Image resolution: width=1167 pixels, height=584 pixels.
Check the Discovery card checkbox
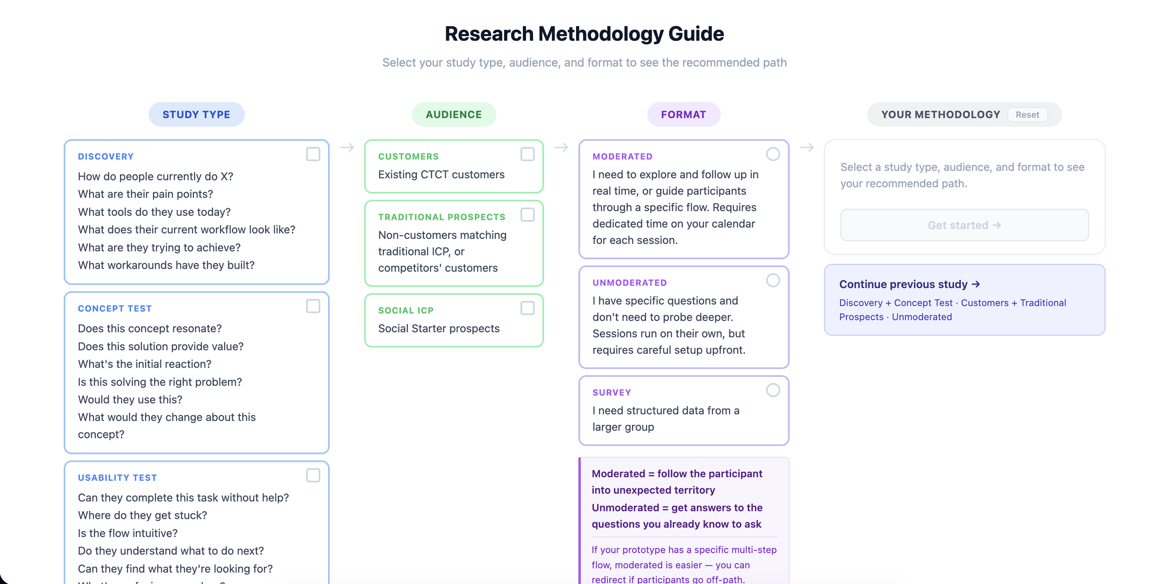pyautogui.click(x=313, y=154)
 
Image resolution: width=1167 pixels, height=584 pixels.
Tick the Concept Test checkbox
pyautogui.click(x=313, y=306)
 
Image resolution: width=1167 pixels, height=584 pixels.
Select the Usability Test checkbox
pyautogui.click(x=313, y=475)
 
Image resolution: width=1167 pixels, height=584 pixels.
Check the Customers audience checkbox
pyautogui.click(x=527, y=154)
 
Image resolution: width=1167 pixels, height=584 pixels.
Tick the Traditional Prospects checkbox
pyautogui.click(x=527, y=215)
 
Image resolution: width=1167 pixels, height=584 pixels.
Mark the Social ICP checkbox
pyautogui.click(x=527, y=308)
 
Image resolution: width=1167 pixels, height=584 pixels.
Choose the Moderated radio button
pyautogui.click(x=773, y=154)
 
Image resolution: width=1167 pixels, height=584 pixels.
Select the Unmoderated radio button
pyautogui.click(x=773, y=280)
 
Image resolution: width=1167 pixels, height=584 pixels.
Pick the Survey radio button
pyautogui.click(x=773, y=390)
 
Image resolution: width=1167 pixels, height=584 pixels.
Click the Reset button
pyautogui.click(x=1027, y=115)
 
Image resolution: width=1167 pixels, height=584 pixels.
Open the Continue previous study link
pyautogui.click(x=909, y=284)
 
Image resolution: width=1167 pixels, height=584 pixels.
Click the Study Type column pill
pyautogui.click(x=197, y=115)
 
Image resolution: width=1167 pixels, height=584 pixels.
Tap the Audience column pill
pyautogui.click(x=453, y=115)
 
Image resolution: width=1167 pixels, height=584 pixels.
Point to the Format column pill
pyautogui.click(x=683, y=115)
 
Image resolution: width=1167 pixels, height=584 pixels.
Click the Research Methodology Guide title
pyautogui.click(x=584, y=34)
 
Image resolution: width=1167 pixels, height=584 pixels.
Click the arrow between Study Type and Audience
pyautogui.click(x=347, y=147)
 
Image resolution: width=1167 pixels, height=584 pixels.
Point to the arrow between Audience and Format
pyautogui.click(x=561, y=147)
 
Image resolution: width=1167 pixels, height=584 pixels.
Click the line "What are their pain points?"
pyautogui.click(x=145, y=194)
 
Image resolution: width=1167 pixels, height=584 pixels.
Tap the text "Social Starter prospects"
pyautogui.click(x=438, y=328)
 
